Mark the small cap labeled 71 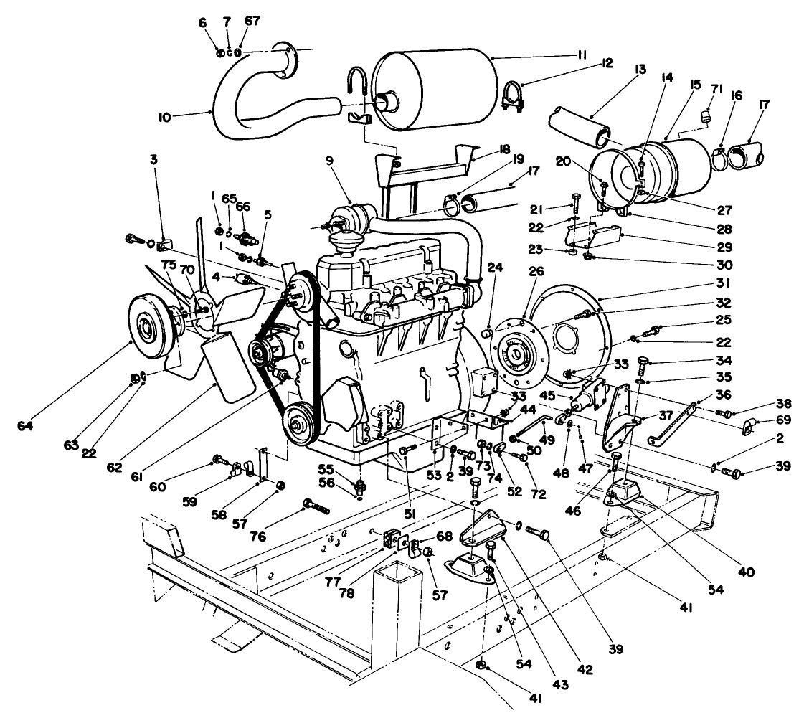pos(707,114)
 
